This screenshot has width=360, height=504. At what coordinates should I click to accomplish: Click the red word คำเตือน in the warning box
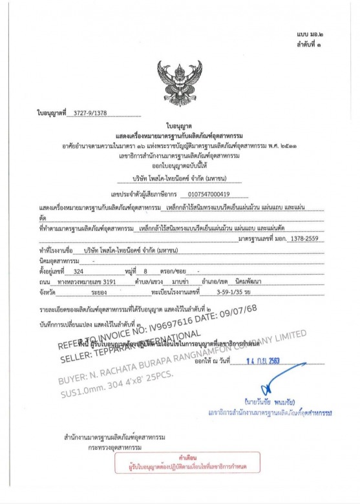pos(179,456)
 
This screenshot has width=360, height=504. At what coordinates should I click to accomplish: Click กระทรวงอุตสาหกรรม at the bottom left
pos(105,446)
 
